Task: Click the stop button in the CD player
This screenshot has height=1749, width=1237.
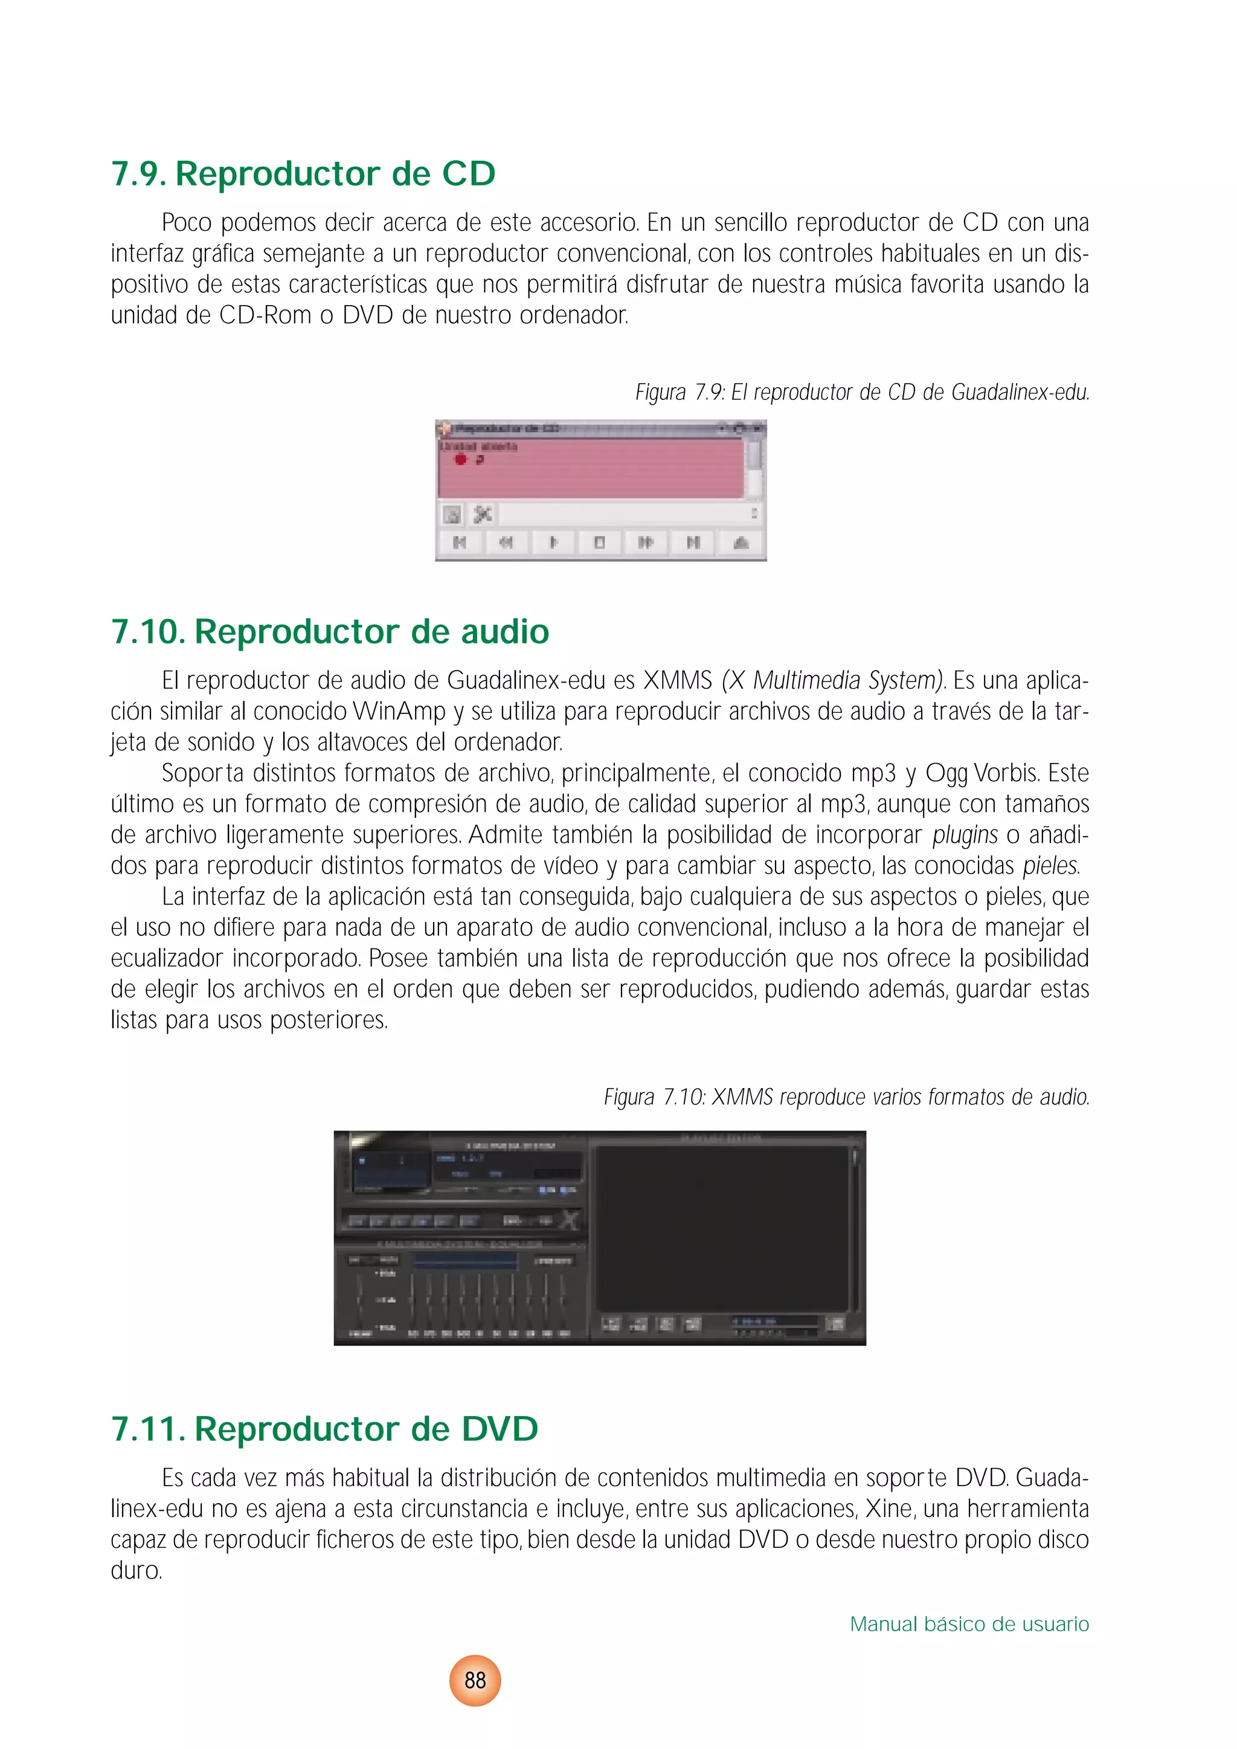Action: (x=599, y=543)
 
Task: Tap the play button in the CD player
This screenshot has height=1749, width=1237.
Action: (x=553, y=543)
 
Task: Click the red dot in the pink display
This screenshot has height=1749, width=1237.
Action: (x=460, y=459)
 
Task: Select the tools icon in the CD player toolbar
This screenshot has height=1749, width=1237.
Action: (x=482, y=514)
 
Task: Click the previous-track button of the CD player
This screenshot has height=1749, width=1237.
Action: (x=459, y=543)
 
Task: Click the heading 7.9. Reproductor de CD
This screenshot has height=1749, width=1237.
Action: (x=303, y=173)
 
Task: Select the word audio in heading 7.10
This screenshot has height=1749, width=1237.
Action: (x=504, y=631)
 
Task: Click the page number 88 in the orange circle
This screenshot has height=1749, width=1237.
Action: (x=475, y=1680)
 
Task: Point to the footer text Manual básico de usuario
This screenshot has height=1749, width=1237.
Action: (x=969, y=1624)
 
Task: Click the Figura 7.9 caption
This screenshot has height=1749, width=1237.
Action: (x=863, y=392)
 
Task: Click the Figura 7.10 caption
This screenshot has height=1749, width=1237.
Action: (x=846, y=1097)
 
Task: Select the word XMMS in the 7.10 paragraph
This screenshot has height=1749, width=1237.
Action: (x=677, y=680)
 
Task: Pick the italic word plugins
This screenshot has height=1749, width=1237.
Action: (x=965, y=835)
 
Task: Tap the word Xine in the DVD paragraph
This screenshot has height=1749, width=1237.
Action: (x=889, y=1509)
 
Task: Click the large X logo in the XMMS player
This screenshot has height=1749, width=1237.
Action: (x=569, y=1220)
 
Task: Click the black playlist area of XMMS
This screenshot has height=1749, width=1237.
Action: (x=721, y=1228)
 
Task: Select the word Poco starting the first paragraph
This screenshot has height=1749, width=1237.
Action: (x=187, y=223)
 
